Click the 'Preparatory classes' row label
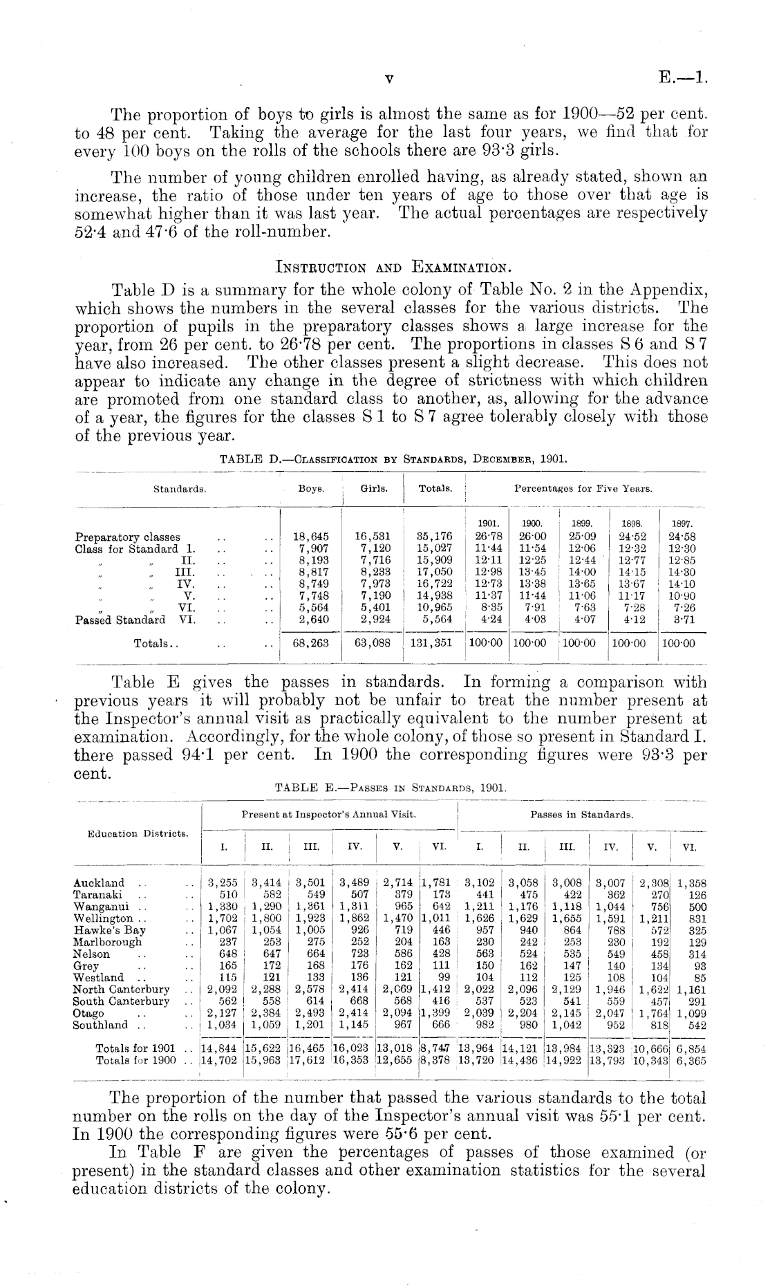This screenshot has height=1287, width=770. (x=127, y=537)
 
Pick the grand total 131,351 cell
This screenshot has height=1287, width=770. (x=432, y=642)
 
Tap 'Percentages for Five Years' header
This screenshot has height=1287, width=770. (x=583, y=489)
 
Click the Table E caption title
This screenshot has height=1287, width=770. (x=391, y=787)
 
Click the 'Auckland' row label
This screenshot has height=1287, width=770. (x=99, y=882)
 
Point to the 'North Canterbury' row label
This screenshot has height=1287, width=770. (x=122, y=990)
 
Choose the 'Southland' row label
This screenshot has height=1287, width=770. (x=100, y=1025)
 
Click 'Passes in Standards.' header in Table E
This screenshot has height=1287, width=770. (x=582, y=815)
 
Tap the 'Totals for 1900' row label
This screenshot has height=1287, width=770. (x=135, y=1060)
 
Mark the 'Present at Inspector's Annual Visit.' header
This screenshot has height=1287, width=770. (x=328, y=815)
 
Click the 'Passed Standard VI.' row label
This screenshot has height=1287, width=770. (x=135, y=619)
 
